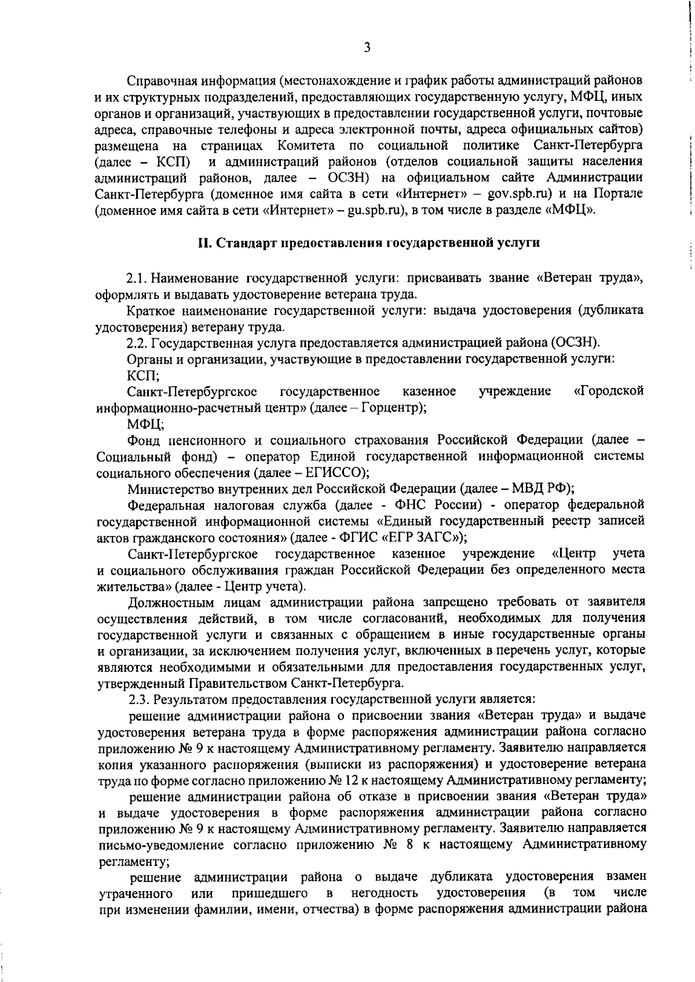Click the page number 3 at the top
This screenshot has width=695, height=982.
(x=367, y=47)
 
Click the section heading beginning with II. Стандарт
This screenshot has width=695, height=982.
(x=370, y=243)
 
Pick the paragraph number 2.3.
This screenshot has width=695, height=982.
(x=139, y=698)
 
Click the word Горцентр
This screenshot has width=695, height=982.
(x=391, y=408)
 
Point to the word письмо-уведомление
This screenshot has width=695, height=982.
(x=162, y=845)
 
